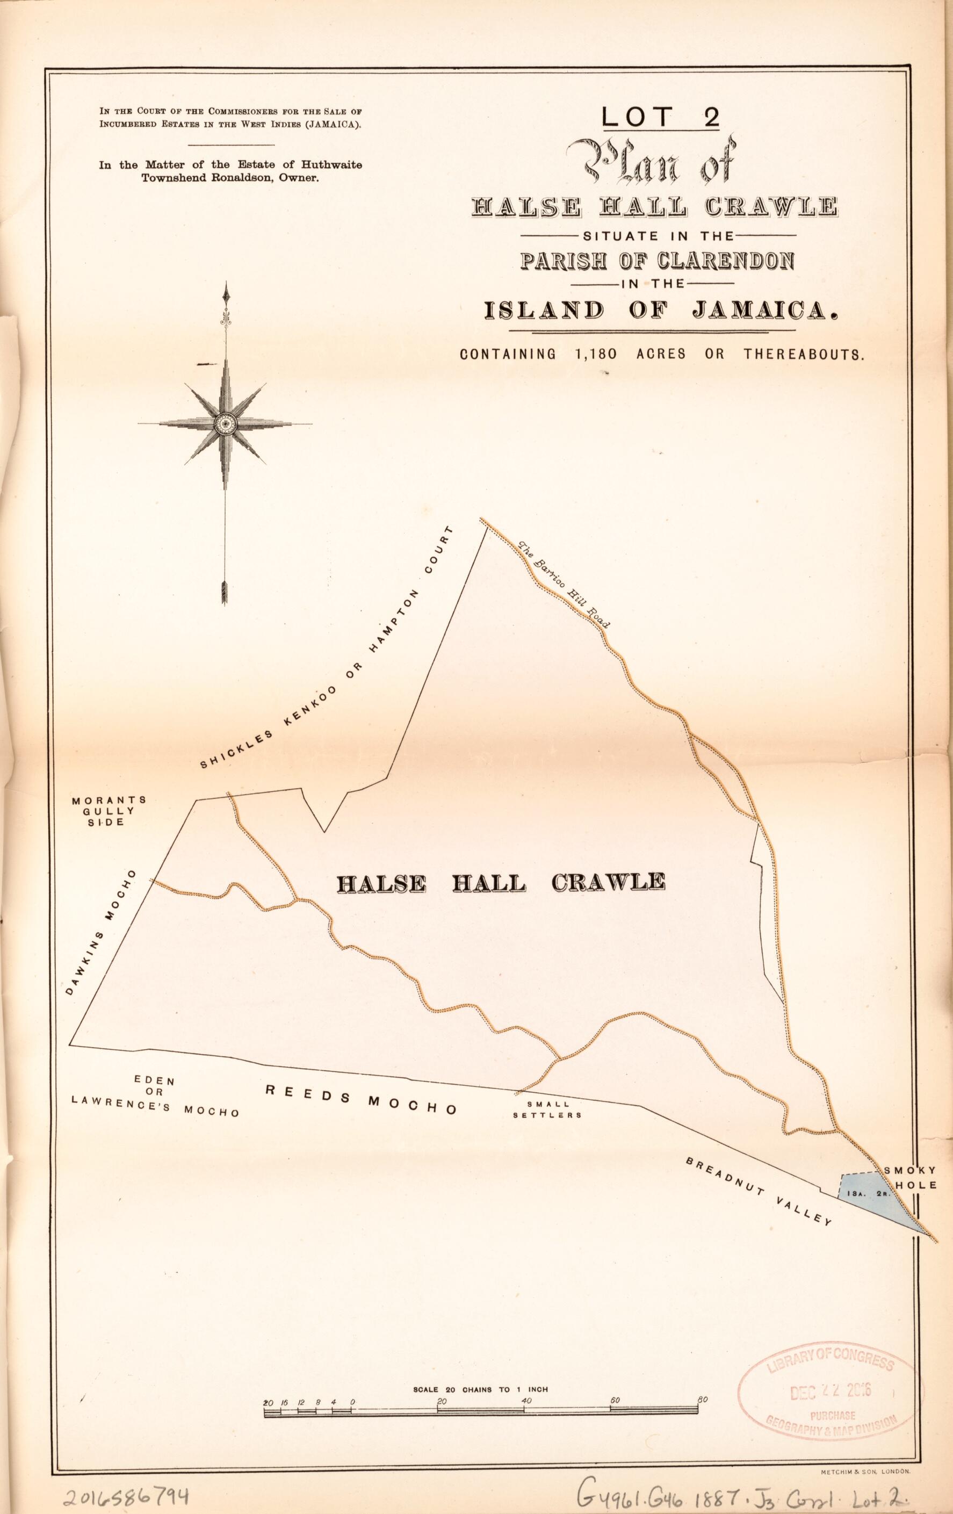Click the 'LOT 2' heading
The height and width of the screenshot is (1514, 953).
pos(660,117)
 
